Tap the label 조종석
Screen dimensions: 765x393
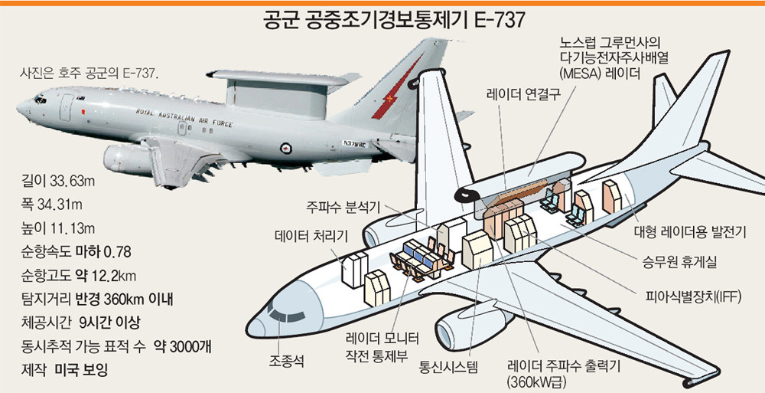point(286,362)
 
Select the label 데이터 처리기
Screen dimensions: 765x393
point(311,236)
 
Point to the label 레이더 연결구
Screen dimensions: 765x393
point(522,94)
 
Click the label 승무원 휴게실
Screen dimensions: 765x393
point(679,263)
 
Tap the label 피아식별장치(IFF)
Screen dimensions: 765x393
point(693,296)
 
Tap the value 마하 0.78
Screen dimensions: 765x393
point(103,252)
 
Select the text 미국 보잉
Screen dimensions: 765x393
point(80,369)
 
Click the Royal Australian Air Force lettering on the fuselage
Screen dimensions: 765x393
point(184,118)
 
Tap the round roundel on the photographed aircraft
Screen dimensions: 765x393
point(285,148)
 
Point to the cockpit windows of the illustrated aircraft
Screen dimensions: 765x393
point(285,314)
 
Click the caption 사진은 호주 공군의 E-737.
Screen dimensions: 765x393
point(90,74)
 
